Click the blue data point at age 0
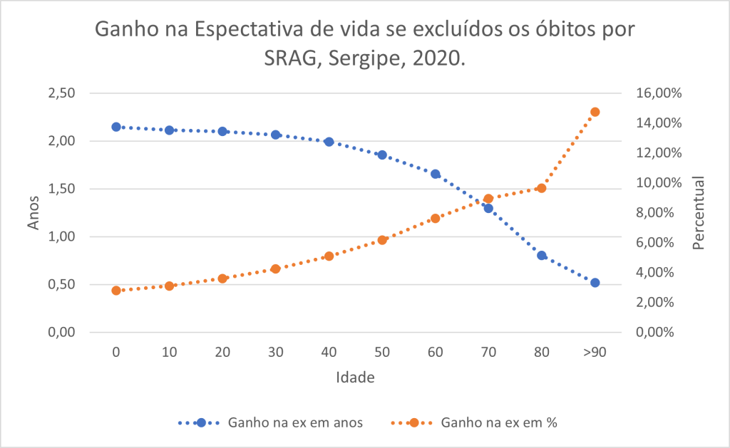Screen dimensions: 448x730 coord(116,127)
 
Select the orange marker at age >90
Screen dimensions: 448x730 coord(595,112)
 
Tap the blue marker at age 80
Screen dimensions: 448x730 coord(542,255)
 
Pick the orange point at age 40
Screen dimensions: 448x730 coord(329,256)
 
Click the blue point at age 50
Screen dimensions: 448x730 coord(382,155)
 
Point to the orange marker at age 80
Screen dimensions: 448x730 coord(542,188)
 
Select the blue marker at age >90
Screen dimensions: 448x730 coord(595,283)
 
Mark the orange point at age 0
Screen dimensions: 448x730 coord(116,291)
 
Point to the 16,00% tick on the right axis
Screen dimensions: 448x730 coord(657,93)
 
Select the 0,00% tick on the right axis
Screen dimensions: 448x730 coord(657,333)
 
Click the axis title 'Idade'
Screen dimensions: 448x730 coord(355,377)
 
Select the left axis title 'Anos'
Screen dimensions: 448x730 coord(34,213)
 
